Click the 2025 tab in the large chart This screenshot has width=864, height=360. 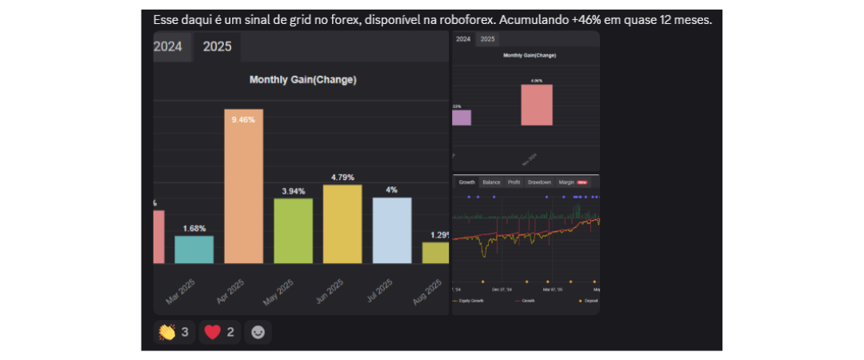217,46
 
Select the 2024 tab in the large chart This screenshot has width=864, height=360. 168,46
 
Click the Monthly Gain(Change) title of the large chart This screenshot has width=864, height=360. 302,79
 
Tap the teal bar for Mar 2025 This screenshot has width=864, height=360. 194,250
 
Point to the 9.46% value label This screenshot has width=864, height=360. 243,119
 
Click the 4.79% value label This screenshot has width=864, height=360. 342,177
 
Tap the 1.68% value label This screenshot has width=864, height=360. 194,228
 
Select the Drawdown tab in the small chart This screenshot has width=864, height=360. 539,182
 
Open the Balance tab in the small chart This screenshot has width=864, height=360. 491,182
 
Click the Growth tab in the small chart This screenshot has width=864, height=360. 466,182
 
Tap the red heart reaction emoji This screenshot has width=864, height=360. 212,331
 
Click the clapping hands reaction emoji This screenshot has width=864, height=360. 166,331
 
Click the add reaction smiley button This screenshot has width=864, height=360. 258,331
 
